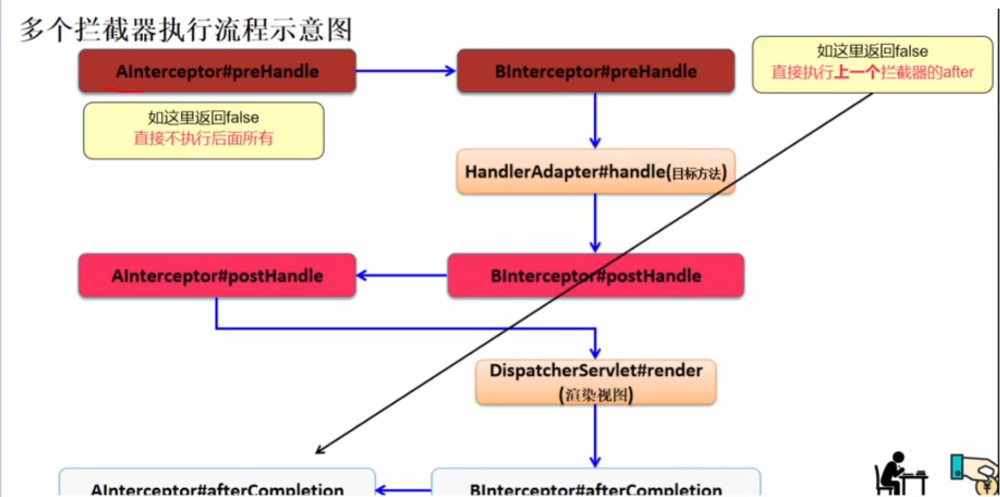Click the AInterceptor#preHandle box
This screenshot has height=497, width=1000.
tap(217, 71)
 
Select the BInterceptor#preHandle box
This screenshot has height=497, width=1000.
tap(595, 71)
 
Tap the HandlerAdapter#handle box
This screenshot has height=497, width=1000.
tap(595, 172)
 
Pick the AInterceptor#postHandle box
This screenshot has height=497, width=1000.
tap(217, 275)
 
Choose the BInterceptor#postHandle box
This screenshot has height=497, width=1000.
tap(595, 275)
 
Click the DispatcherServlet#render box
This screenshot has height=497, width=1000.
tap(595, 381)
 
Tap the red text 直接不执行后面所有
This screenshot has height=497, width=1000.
tap(203, 138)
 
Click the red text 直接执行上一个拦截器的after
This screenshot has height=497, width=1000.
tap(872, 72)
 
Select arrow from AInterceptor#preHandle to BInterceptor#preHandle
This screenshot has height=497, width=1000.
tap(406, 71)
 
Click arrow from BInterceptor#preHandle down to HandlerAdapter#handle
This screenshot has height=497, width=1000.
tap(595, 120)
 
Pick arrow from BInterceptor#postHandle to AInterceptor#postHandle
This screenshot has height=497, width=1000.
tap(402, 275)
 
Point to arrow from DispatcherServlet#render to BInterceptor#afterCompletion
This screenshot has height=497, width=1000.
tap(595, 435)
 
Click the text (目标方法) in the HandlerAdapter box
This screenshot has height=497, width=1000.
tap(699, 174)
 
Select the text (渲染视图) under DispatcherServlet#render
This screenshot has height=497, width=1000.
tap(595, 395)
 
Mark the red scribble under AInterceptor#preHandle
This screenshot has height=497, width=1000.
tap(123, 89)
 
